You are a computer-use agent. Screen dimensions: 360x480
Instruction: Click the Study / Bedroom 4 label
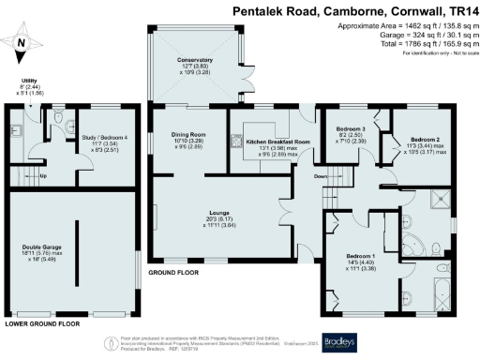pos(106,138)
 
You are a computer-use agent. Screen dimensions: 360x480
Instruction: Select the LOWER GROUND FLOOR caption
pos(43,323)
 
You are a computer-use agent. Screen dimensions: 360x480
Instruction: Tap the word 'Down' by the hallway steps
pos(321,174)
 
